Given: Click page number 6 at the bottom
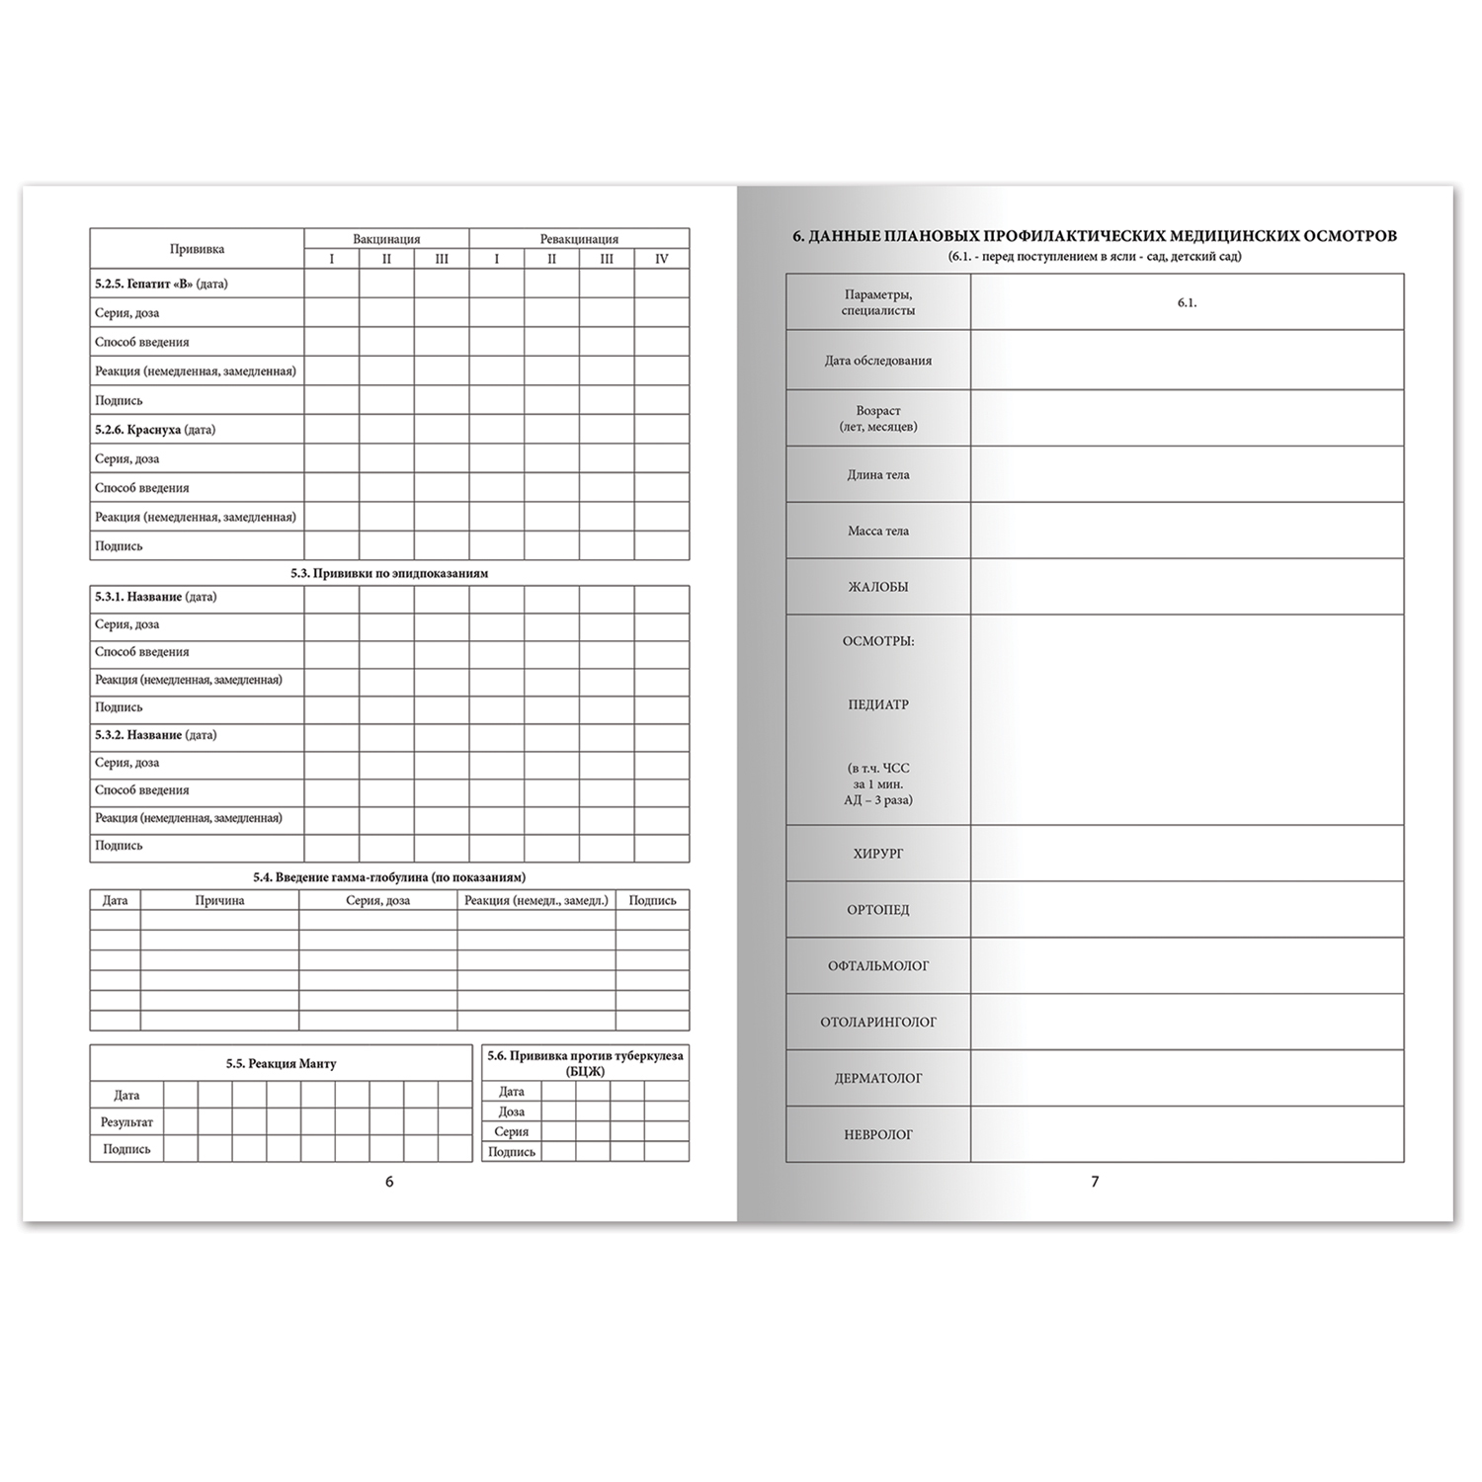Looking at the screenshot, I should coord(389,1182).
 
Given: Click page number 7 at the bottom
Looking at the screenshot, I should coord(1095,1182).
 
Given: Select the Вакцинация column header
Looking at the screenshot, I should coord(386,239).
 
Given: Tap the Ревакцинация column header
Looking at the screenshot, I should coord(579,239).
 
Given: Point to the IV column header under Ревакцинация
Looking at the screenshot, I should coord(662,259).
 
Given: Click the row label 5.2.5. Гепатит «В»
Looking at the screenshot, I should coord(161,284).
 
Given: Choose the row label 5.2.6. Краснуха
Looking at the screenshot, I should coord(155,430).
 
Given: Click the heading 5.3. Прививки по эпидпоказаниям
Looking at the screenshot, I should coord(389,573).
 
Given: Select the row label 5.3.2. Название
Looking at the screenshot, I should coord(155,735).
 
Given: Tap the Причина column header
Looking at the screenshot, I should coord(219,900).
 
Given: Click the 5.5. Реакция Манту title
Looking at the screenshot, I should coord(281,1064).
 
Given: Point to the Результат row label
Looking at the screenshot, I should coord(126,1122).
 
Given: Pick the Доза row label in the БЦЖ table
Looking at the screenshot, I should coord(512,1111).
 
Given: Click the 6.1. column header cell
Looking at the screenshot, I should coord(1187,302).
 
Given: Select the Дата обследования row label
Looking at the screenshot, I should coord(878,361).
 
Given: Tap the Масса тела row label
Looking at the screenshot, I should coord(878,531).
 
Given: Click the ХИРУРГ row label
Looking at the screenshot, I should coord(878,854).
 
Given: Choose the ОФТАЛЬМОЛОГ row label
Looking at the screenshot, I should coord(878,966).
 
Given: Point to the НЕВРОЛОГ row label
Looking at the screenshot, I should coord(878,1135).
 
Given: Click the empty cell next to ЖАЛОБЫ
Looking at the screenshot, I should coord(1187,587).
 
